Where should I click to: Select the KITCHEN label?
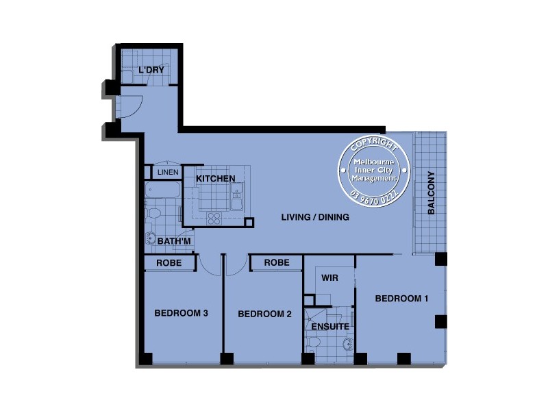point(216,179)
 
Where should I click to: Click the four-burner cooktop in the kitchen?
point(214,219)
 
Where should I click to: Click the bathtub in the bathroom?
point(162,190)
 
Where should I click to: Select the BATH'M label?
point(174,242)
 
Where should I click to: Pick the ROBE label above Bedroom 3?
point(168,262)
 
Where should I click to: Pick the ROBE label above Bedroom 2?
point(276,262)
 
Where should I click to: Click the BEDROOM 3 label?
point(181,313)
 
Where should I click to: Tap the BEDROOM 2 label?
point(264,314)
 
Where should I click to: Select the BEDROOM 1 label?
point(401,299)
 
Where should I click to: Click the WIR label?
point(329,279)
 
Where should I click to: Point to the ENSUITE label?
point(330,327)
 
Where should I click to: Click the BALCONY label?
point(432,192)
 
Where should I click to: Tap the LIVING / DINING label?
point(315,217)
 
